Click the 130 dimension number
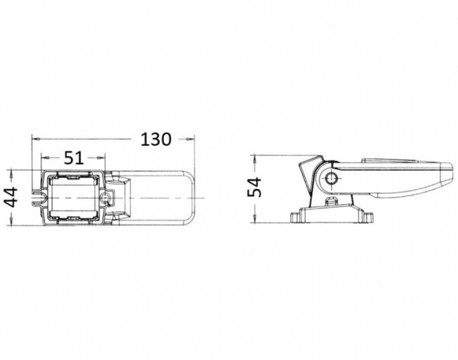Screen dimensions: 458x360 pos(156,140)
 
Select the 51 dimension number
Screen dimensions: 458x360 pos(74,157)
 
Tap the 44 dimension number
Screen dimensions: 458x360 pos(12,198)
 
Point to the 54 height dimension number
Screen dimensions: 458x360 pos(255,187)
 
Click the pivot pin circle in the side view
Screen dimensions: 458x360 pos(331,178)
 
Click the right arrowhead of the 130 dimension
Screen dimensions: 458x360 pos(191,140)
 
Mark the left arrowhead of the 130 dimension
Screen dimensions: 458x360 pos(35,140)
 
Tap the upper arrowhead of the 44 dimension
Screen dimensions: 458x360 pos(11,173)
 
